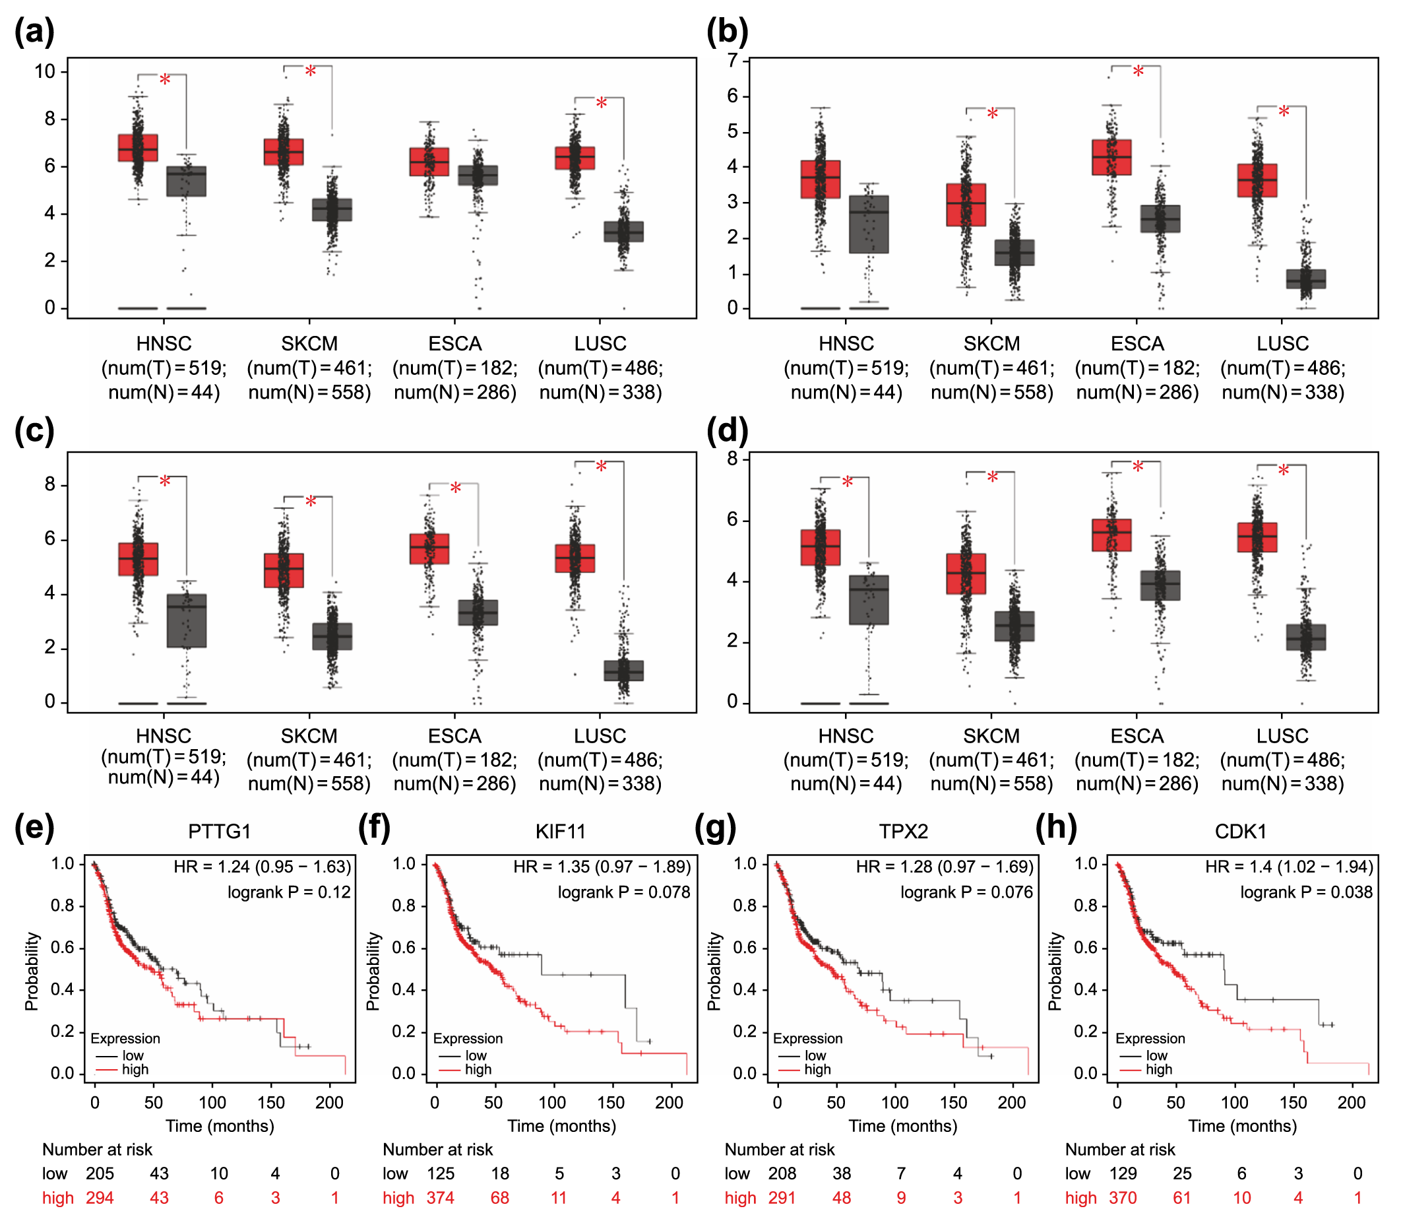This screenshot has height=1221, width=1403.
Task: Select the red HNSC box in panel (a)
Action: (x=138, y=148)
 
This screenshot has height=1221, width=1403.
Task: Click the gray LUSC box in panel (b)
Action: (x=1305, y=279)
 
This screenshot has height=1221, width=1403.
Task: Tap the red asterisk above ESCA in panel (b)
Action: (x=1138, y=72)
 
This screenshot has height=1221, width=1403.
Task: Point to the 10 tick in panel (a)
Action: (x=45, y=71)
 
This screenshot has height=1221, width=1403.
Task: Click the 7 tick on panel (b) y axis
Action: (x=732, y=61)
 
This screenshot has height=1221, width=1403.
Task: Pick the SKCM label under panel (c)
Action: (x=309, y=737)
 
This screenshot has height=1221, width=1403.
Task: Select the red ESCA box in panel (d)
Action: (x=1111, y=535)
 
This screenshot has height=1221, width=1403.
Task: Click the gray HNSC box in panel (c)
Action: (x=187, y=620)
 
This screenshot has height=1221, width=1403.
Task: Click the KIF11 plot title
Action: (x=561, y=831)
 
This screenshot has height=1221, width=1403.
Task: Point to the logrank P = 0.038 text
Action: (x=1305, y=892)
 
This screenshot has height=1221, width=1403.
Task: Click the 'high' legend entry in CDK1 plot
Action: (x=1158, y=1070)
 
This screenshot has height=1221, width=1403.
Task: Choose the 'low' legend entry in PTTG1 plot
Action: (x=133, y=1055)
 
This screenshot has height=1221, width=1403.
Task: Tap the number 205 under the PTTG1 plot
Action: (x=100, y=1174)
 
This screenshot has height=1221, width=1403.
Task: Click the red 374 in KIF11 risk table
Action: (x=440, y=1198)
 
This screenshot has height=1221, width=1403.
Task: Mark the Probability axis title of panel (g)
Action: (x=714, y=971)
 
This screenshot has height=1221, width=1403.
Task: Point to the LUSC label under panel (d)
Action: (x=1282, y=737)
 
